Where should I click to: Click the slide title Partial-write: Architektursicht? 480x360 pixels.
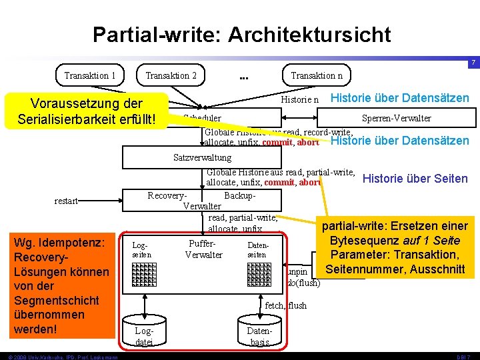point(241,35)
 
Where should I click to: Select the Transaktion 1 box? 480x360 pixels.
point(90,75)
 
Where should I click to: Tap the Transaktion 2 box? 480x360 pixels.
point(171,75)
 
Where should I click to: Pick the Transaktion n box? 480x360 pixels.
point(317,75)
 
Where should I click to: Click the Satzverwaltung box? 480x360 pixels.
point(202,157)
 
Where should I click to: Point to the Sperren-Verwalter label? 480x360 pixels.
point(396,118)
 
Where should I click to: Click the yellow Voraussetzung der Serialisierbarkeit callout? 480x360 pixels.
point(87,111)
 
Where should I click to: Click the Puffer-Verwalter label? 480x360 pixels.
point(203,249)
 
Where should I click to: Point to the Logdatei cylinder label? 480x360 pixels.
point(144,335)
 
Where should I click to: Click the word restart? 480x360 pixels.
point(67,201)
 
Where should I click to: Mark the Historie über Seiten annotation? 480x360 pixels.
point(415,179)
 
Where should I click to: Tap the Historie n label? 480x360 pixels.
point(300,99)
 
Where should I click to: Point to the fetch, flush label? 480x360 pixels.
point(286,305)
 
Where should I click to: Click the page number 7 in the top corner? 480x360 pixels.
point(472,63)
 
